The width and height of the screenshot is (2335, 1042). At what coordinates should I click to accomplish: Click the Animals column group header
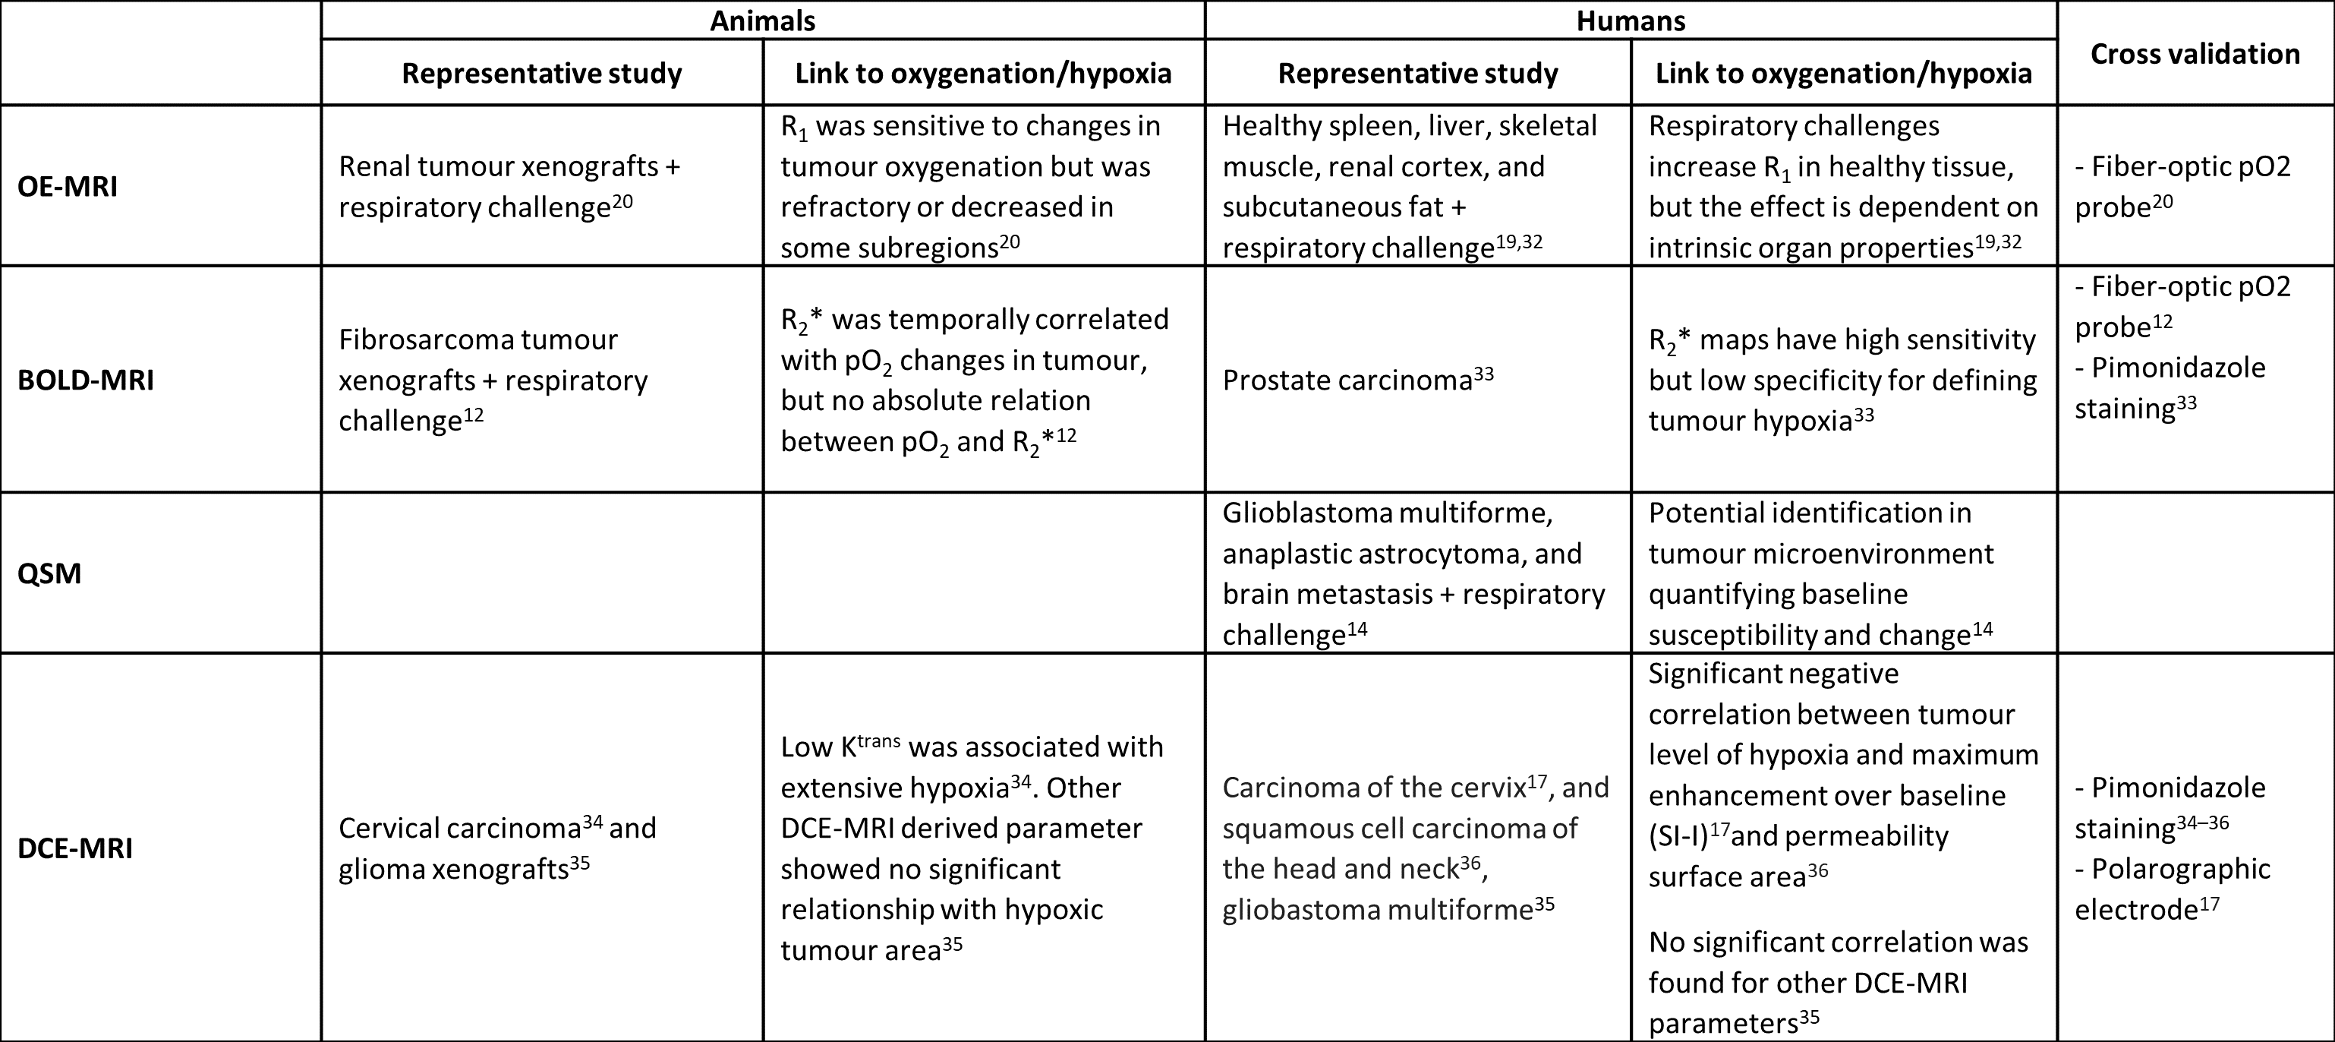pyautogui.click(x=762, y=20)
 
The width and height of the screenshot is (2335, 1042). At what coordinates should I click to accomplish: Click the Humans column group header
pyautogui.click(x=1630, y=20)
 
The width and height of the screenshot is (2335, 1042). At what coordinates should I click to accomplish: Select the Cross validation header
pyautogui.click(x=2195, y=53)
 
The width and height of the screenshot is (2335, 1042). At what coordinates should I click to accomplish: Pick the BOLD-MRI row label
pyautogui.click(x=85, y=380)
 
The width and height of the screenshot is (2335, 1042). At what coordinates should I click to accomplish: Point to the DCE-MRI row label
pyautogui.click(x=75, y=848)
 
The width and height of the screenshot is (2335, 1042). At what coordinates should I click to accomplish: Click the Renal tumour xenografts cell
pyautogui.click(x=509, y=187)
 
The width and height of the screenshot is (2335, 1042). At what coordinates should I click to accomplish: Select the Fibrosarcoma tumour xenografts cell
pyautogui.click(x=493, y=380)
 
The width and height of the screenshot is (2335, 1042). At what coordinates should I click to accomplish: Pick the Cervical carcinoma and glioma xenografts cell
pyautogui.click(x=496, y=848)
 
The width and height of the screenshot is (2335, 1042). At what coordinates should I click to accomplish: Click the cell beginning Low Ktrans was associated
pyautogui.click(x=972, y=848)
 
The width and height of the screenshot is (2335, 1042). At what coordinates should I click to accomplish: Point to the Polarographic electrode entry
pyautogui.click(x=2172, y=889)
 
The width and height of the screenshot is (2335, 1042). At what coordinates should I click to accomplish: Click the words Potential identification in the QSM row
pyautogui.click(x=1808, y=513)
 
